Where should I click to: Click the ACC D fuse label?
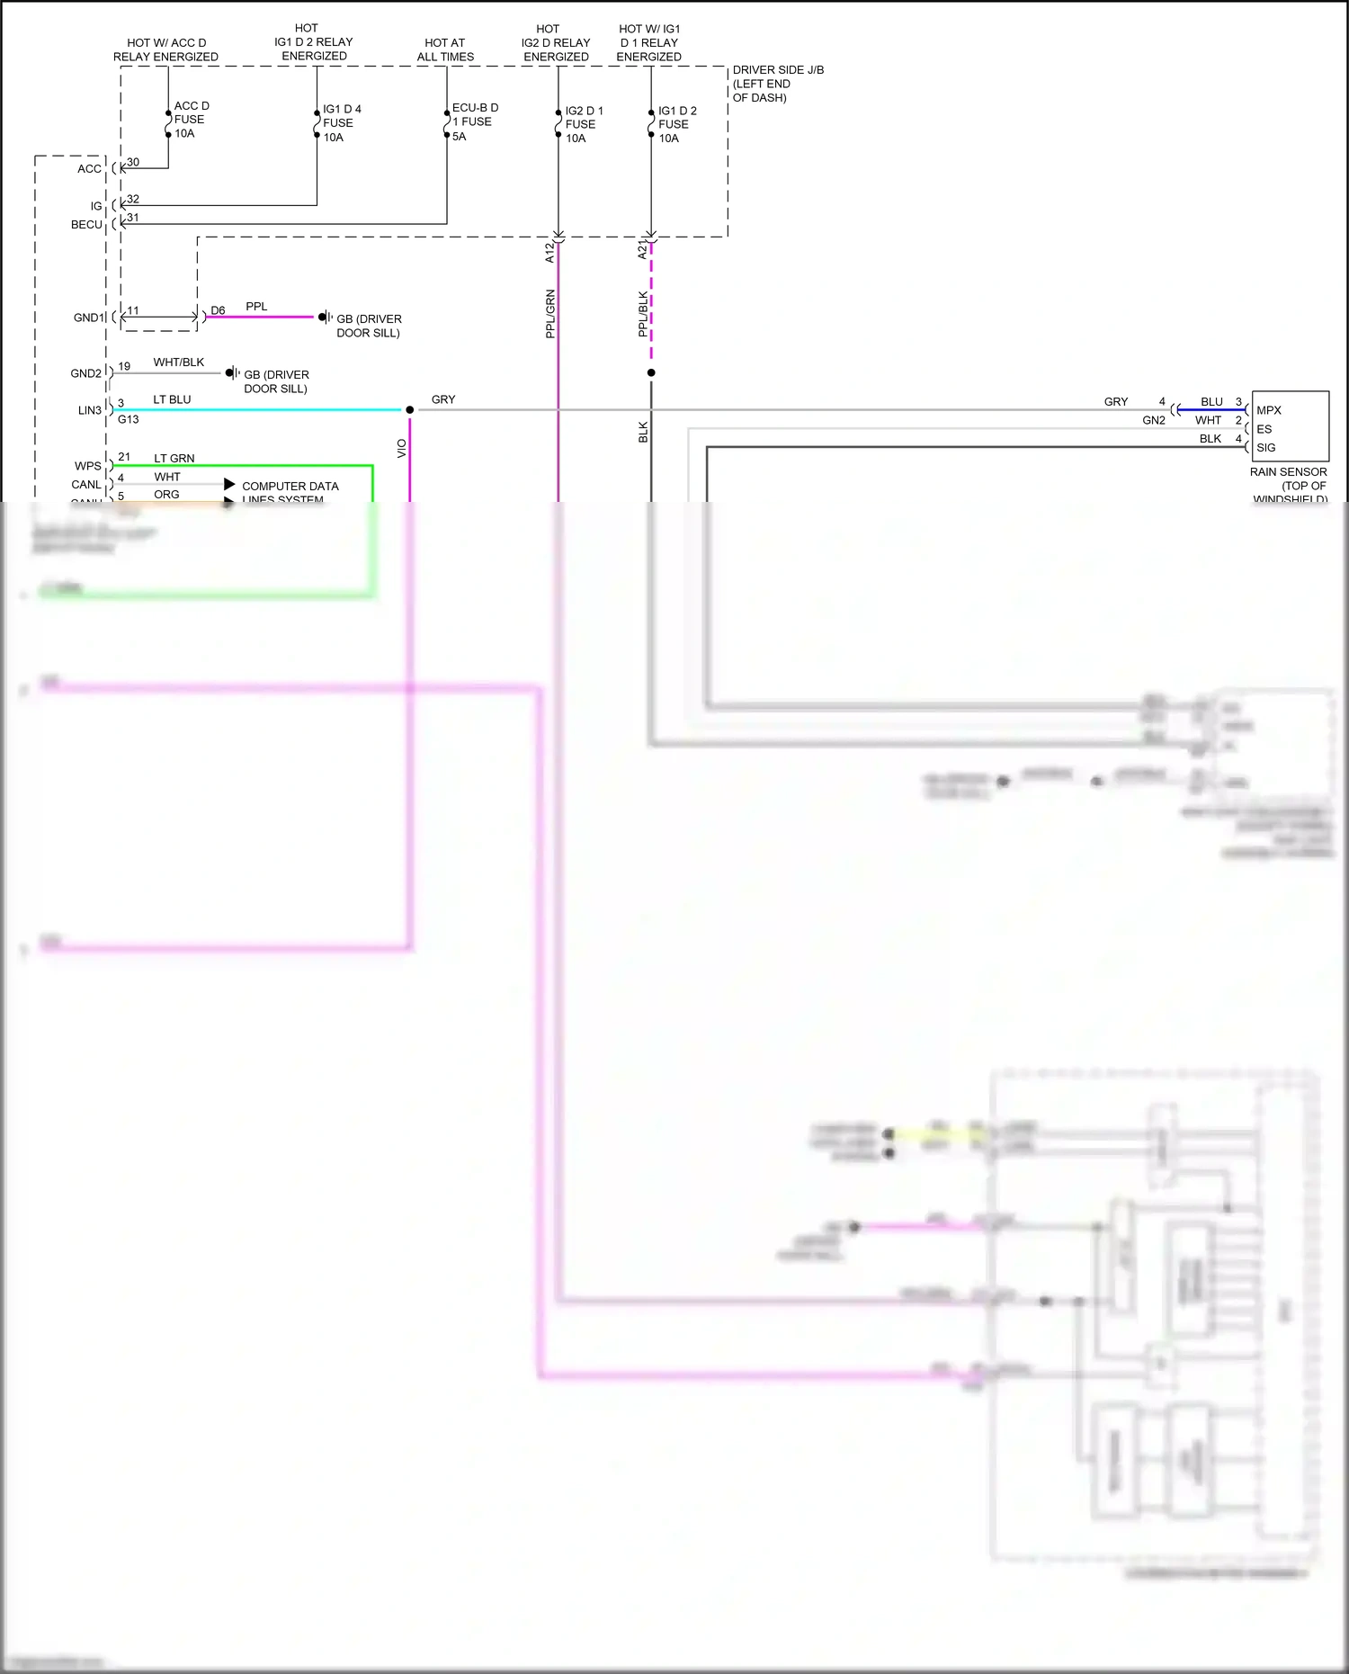click(x=190, y=120)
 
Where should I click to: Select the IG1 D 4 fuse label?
click(x=341, y=123)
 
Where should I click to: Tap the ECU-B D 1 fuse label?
click(x=474, y=121)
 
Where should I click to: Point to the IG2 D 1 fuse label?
click(x=583, y=124)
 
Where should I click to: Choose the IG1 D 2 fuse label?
click(x=676, y=124)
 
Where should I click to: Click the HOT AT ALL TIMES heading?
click(x=445, y=49)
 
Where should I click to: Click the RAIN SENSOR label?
click(x=1288, y=472)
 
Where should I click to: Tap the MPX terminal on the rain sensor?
click(x=1268, y=410)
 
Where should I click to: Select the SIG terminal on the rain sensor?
click(x=1265, y=448)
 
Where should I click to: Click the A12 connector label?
click(x=549, y=253)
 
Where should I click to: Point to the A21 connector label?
click(x=642, y=250)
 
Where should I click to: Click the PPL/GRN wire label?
click(x=550, y=314)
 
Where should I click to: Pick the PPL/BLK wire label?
click(x=643, y=314)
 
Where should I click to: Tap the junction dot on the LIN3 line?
click(x=410, y=410)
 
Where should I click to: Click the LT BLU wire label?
click(x=172, y=399)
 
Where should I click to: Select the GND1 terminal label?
click(x=89, y=318)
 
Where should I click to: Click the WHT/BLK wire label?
click(x=178, y=363)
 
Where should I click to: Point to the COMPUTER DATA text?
click(x=290, y=487)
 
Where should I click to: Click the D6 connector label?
click(x=218, y=310)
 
